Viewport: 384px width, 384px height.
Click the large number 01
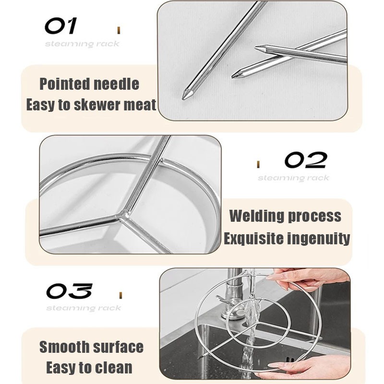[60, 25]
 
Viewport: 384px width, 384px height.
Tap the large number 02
[306, 160]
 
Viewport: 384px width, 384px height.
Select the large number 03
[69, 291]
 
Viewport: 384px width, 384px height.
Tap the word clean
[114, 368]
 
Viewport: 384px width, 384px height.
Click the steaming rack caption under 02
[293, 178]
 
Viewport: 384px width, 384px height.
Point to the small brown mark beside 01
[119, 30]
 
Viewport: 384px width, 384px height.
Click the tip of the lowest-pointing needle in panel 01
[183, 98]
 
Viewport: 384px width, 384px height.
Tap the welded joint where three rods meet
[124, 214]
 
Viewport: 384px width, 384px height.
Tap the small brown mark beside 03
[120, 295]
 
